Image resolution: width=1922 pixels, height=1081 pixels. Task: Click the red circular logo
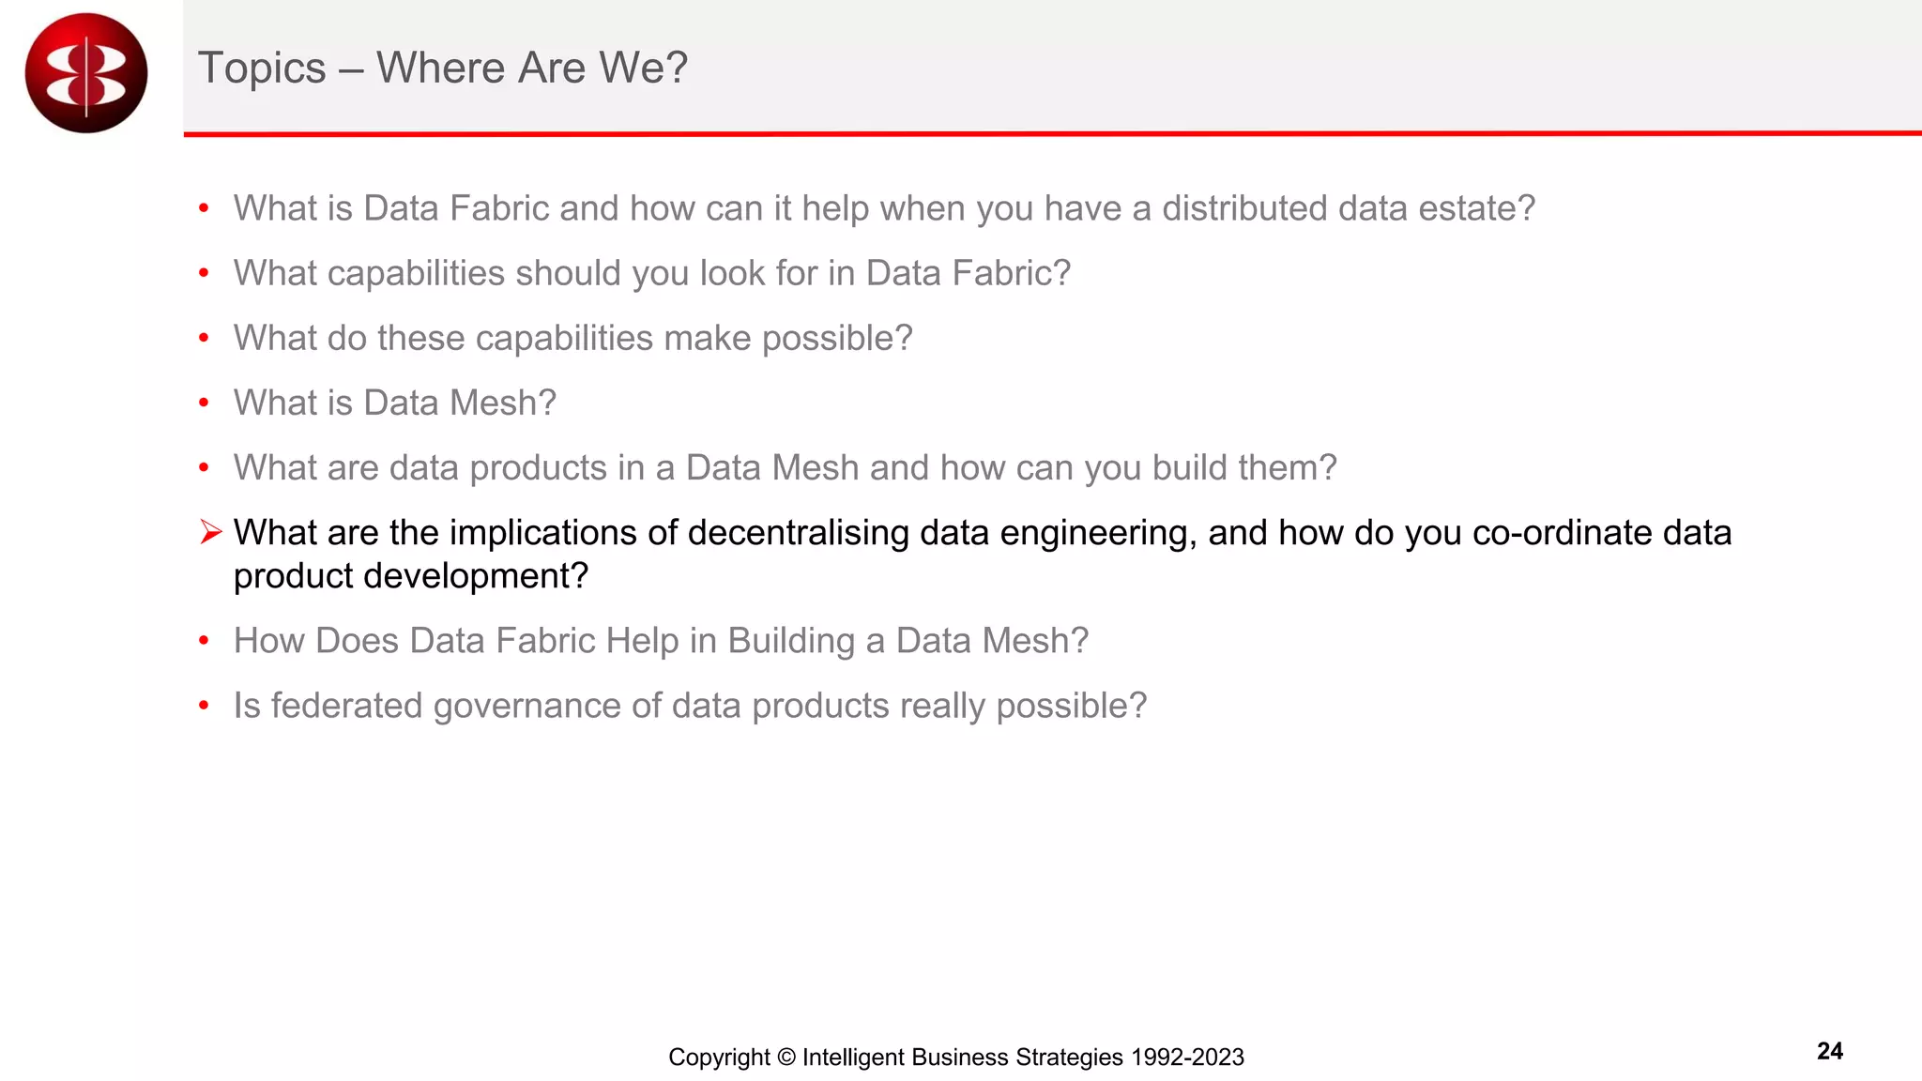(x=86, y=73)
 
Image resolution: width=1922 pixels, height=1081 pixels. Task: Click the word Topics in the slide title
(x=262, y=69)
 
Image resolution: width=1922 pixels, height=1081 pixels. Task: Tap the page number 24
(x=1829, y=1051)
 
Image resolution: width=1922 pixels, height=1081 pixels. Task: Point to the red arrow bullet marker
(x=210, y=532)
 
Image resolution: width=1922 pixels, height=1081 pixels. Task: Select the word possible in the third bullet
(x=836, y=339)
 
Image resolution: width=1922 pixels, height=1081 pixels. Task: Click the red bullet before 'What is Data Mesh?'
(x=204, y=403)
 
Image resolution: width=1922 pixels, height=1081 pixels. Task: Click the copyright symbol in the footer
(x=786, y=1058)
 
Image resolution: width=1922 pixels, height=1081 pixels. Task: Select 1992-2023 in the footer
(x=1187, y=1058)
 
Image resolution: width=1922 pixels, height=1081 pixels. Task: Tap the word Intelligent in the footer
(x=853, y=1058)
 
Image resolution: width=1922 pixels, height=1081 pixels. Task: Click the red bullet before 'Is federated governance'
(x=204, y=706)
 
